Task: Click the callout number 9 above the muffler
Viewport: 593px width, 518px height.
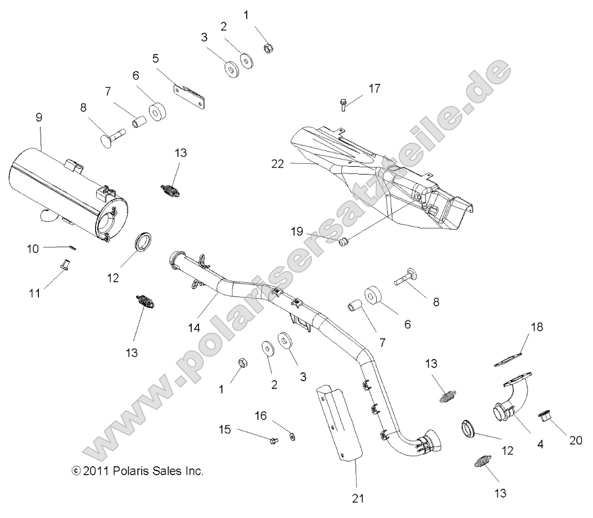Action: click(38, 117)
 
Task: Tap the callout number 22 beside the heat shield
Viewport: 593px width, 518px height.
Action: click(277, 164)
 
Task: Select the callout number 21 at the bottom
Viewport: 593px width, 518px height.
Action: click(358, 498)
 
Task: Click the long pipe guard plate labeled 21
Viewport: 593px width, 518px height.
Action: click(339, 422)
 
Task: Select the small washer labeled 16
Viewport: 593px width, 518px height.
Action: click(293, 437)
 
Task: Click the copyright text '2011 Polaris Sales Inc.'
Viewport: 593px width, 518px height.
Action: click(138, 471)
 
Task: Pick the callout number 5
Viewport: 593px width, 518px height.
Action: click(156, 57)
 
